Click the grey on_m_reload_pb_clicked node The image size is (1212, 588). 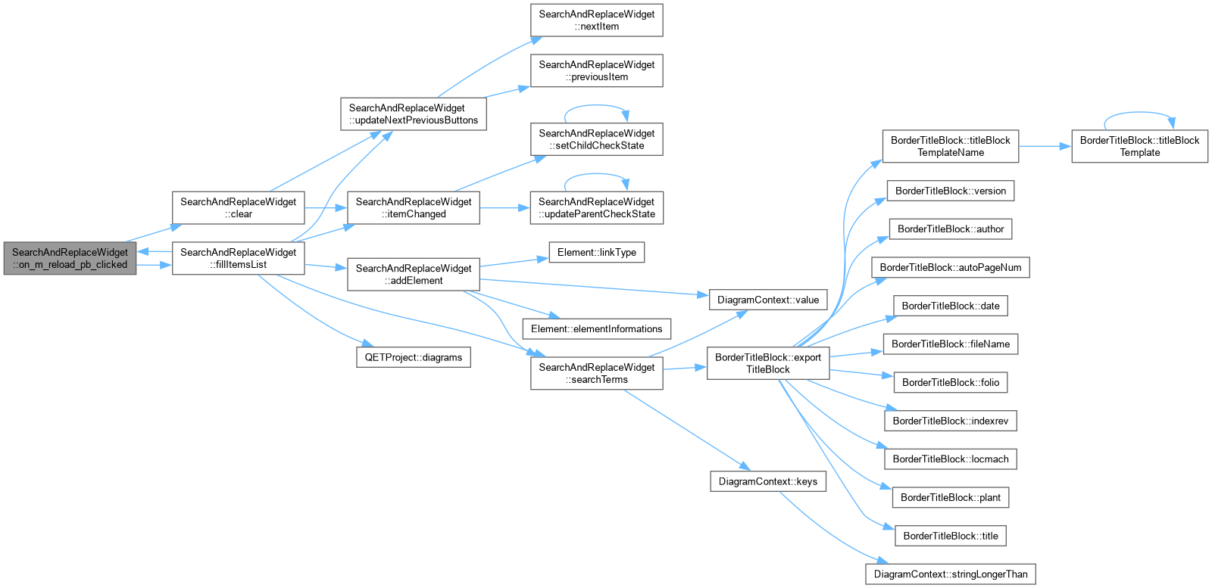70,258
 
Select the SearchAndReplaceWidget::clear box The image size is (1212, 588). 238,207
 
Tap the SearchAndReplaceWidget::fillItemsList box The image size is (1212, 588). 238,258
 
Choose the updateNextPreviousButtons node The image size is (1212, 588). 414,114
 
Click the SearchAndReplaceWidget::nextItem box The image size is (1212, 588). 596,20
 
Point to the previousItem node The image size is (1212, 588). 596,71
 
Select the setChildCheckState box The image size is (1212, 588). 596,139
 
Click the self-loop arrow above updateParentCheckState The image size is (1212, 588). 596,174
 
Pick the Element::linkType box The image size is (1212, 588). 596,253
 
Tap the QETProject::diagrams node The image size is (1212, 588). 414,357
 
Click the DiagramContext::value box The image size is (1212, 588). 768,300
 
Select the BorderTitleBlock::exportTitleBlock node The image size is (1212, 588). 768,363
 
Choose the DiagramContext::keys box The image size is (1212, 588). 768,481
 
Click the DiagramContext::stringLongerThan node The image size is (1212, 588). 951,574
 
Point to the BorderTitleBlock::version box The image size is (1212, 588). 951,191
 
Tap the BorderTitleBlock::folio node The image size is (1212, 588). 951,383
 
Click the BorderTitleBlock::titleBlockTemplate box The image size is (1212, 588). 1139,146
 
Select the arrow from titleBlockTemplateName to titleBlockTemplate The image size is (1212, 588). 1045,146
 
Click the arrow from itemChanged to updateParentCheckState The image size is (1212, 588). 504,207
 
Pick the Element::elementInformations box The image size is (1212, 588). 596,329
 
